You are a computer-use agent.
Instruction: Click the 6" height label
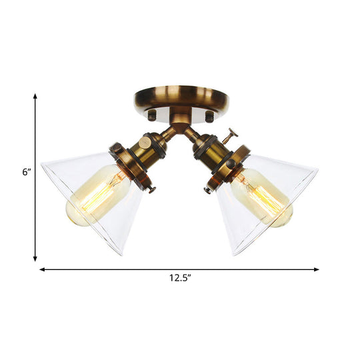[x=26, y=172]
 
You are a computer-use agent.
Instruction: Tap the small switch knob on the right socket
[x=233, y=133]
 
